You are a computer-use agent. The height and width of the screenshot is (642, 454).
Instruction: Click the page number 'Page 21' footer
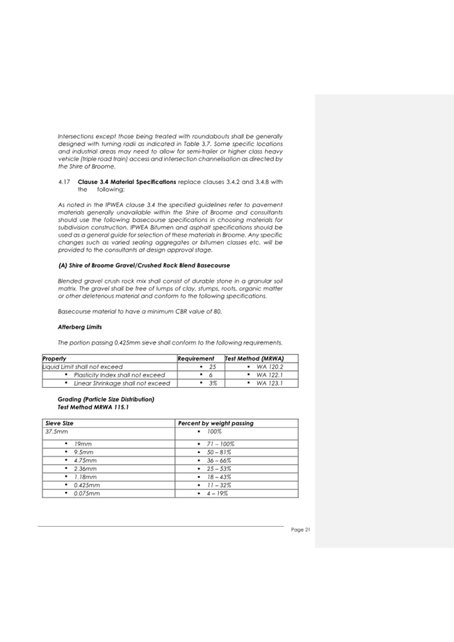click(x=300, y=530)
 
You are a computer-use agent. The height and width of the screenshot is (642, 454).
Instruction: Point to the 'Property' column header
click(x=55, y=359)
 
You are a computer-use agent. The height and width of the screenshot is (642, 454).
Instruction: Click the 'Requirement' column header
click(x=197, y=359)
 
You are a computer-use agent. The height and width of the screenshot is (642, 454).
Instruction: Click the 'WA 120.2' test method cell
click(x=270, y=366)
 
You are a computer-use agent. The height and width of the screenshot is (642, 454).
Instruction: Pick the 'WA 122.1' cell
click(x=270, y=374)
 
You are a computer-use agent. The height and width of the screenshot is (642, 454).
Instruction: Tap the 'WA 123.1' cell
click(x=270, y=383)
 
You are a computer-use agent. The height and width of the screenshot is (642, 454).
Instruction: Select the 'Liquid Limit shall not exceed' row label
click(x=83, y=366)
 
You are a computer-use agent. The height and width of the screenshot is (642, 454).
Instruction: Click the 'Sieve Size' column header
click(x=59, y=422)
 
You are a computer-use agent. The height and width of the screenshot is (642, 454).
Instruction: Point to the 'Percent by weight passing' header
click(x=216, y=422)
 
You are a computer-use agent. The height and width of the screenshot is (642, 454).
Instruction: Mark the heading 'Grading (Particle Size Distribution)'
click(x=106, y=400)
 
